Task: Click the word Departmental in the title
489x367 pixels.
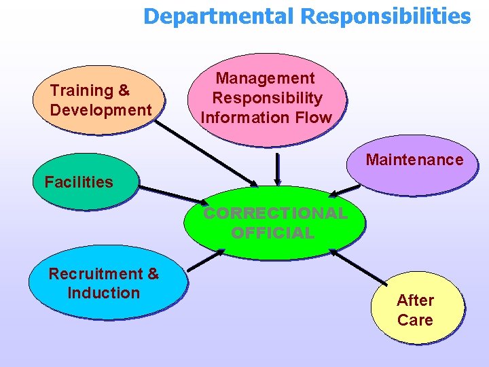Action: click(219, 17)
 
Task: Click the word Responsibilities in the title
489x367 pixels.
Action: click(386, 17)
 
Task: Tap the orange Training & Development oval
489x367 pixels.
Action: click(98, 100)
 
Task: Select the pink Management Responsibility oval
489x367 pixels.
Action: click(267, 99)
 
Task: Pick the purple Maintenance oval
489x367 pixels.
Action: click(412, 165)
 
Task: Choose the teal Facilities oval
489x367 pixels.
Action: click(86, 181)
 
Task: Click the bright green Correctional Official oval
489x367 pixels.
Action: click(274, 223)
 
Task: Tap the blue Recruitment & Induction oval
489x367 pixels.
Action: click(108, 283)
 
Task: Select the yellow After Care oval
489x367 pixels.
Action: click(417, 308)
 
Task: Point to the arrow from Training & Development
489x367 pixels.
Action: click(206, 154)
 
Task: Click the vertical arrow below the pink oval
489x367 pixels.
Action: click(277, 169)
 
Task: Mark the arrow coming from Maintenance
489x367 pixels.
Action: click(344, 191)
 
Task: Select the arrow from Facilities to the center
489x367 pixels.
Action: click(173, 196)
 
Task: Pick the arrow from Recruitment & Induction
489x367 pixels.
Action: click(206, 260)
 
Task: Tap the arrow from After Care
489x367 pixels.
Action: click(358, 267)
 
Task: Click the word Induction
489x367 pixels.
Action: click(103, 293)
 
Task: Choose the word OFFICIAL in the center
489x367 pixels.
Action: click(273, 232)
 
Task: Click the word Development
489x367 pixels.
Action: click(101, 110)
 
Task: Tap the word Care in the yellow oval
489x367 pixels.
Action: click(415, 320)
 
